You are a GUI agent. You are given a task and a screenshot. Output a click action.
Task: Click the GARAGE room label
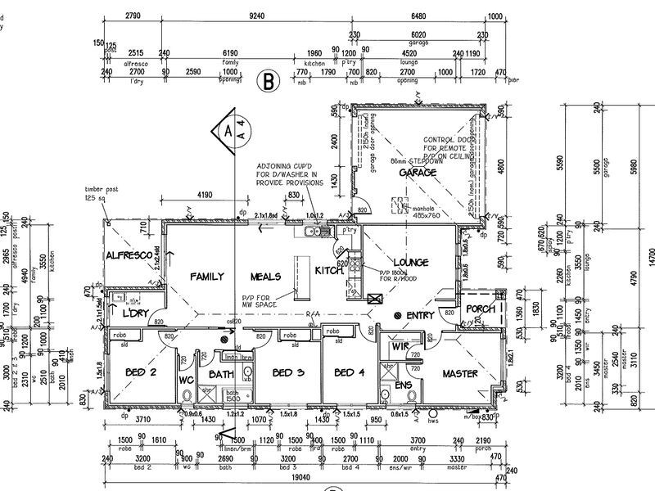417,173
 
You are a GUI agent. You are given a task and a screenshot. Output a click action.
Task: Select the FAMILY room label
207,277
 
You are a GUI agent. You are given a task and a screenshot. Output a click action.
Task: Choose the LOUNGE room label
410,262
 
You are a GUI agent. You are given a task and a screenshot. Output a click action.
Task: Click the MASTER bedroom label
460,373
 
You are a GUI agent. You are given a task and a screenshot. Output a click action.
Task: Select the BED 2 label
141,373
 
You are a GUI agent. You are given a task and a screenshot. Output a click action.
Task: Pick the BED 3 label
288,373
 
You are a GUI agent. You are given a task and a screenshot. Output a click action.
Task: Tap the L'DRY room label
133,315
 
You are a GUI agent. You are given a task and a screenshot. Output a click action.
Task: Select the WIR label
400,347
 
